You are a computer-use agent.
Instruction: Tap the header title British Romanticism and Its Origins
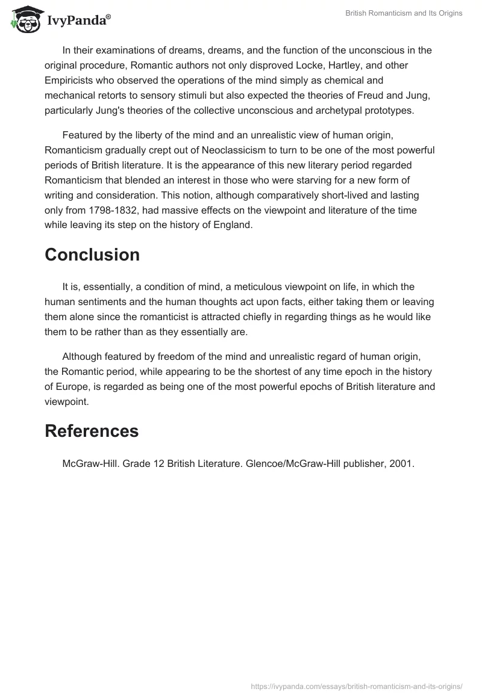click(404, 13)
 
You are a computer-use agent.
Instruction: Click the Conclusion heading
click(92, 255)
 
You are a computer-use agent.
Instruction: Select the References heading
click(92, 431)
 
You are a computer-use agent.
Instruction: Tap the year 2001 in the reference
click(402, 464)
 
